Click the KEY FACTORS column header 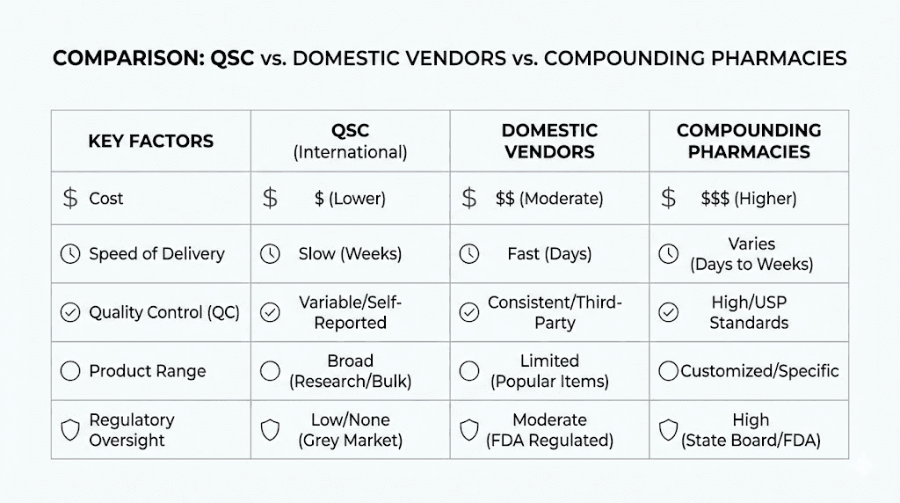pyautogui.click(x=150, y=141)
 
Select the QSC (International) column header pyautogui.click(x=350, y=141)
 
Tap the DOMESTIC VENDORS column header pyautogui.click(x=549, y=141)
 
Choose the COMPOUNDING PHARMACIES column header pyautogui.click(x=749, y=141)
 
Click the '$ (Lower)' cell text pyautogui.click(x=350, y=199)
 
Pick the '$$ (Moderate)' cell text pyautogui.click(x=549, y=199)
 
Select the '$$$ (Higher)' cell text pyautogui.click(x=749, y=199)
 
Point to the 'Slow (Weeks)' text pyautogui.click(x=350, y=254)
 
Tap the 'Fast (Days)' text pyautogui.click(x=549, y=254)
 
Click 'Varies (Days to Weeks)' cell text pyautogui.click(x=751, y=253)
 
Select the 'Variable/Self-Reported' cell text pyautogui.click(x=350, y=312)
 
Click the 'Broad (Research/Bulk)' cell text pyautogui.click(x=350, y=371)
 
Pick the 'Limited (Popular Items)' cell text pyautogui.click(x=549, y=371)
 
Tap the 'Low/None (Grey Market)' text pyautogui.click(x=350, y=430)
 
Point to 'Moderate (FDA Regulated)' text pyautogui.click(x=549, y=430)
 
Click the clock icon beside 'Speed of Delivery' pyautogui.click(x=69, y=254)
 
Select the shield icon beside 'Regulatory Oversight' pyautogui.click(x=69, y=430)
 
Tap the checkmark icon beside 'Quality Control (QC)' pyautogui.click(x=69, y=312)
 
